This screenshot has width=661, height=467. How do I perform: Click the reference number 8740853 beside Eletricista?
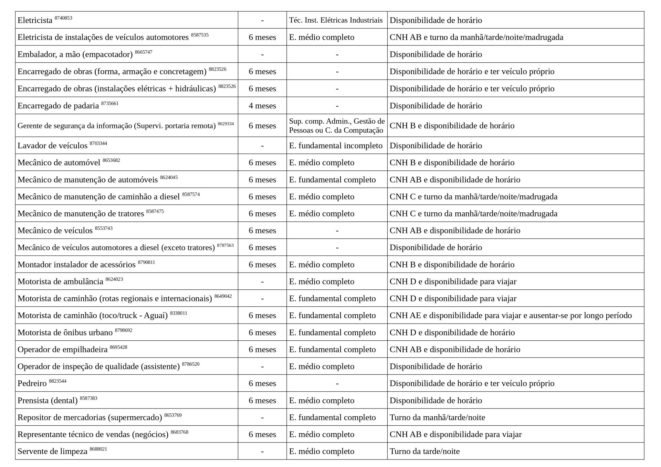(x=63, y=18)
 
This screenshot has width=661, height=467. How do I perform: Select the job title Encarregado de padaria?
(x=58, y=106)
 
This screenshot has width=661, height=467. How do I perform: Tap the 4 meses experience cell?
(x=262, y=106)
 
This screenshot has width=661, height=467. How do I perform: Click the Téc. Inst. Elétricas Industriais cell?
(x=336, y=20)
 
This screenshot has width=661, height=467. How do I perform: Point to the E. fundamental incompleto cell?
(x=336, y=146)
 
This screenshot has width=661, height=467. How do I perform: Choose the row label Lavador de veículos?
(x=52, y=146)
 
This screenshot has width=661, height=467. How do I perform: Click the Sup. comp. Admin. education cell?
(x=337, y=126)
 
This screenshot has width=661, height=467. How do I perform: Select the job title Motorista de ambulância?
(x=60, y=282)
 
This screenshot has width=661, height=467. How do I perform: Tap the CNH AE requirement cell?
(x=511, y=315)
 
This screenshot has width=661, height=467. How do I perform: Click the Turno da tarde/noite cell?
(x=424, y=451)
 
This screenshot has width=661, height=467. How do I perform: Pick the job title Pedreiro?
(x=32, y=383)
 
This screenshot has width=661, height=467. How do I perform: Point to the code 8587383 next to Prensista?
(x=88, y=398)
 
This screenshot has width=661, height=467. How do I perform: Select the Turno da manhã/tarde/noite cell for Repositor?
(x=437, y=417)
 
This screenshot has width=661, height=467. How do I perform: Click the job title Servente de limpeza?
(x=52, y=451)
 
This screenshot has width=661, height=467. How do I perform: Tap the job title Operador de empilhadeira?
(x=62, y=350)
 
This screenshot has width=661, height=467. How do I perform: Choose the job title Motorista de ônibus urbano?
(x=65, y=332)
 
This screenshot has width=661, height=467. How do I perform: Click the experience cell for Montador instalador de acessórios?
(x=262, y=265)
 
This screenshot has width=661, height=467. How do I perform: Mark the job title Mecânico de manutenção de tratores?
(x=81, y=214)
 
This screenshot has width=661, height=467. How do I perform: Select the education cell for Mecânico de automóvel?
(x=322, y=162)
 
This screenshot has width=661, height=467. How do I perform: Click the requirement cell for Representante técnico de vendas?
(x=455, y=434)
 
